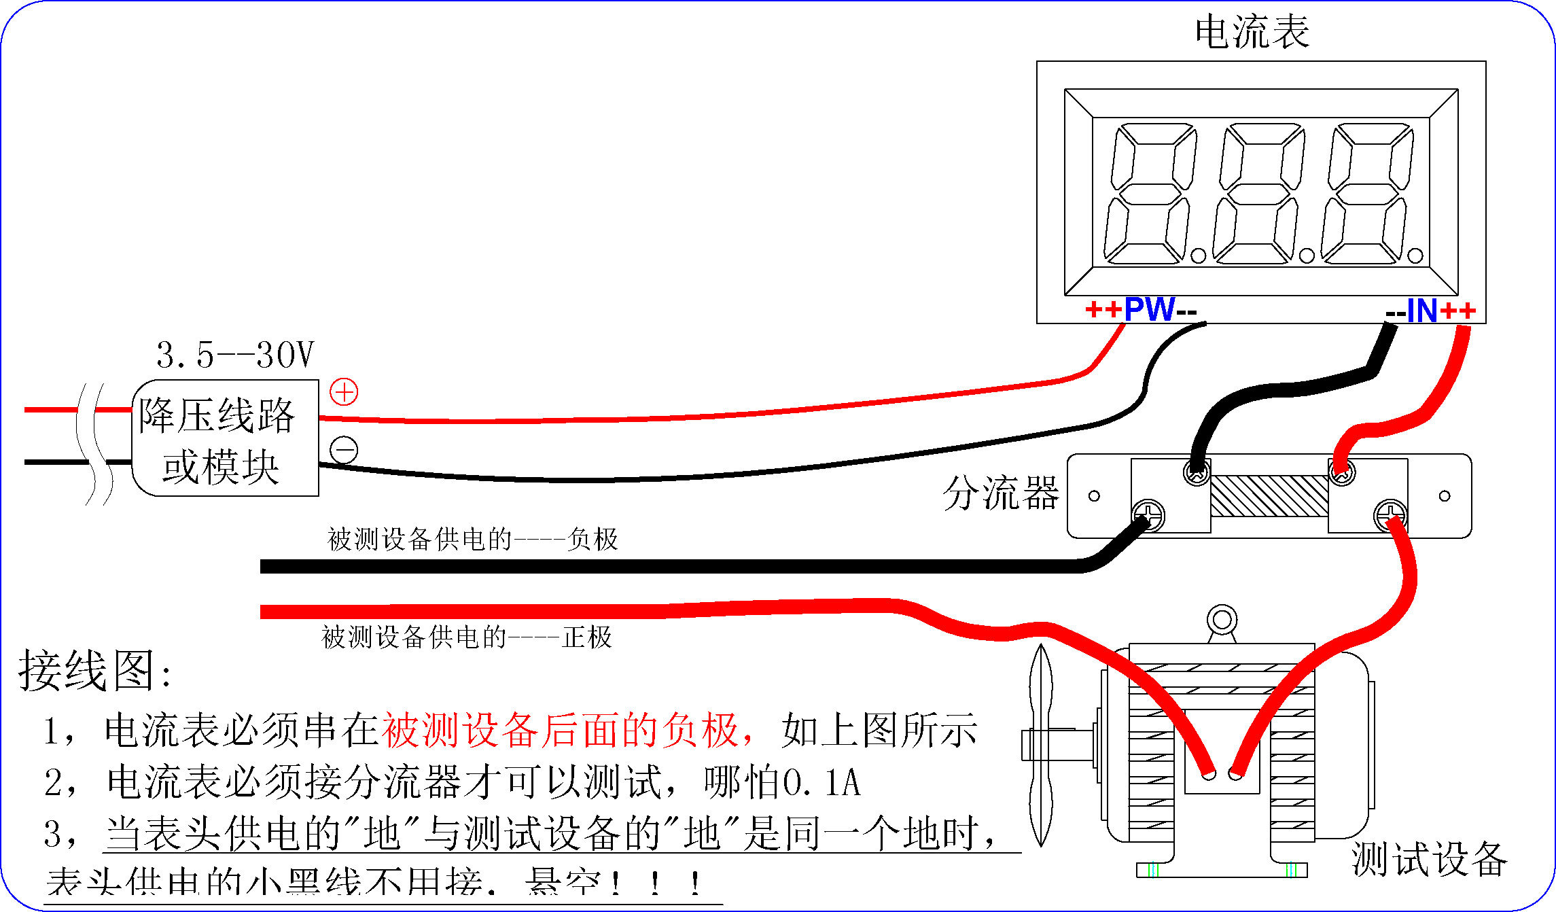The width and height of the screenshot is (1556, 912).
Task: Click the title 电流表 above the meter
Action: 1252,33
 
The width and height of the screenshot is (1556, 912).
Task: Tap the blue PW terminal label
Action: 1149,310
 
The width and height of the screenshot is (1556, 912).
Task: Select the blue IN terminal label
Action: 1421,311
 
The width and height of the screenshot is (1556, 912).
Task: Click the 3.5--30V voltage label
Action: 235,355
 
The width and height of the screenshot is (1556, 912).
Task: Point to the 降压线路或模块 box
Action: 224,438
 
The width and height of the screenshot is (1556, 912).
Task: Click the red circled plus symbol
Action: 344,392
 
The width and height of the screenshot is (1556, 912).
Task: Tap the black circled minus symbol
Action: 344,450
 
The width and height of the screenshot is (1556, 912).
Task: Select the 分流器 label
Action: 1000,493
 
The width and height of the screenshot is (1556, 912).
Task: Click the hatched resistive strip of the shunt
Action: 1269,496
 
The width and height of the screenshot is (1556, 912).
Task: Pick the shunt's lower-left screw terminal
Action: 1148,515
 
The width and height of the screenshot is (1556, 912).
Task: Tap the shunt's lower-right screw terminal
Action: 1390,515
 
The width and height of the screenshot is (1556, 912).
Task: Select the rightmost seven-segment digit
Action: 1367,194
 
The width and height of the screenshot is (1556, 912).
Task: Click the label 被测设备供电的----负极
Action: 473,540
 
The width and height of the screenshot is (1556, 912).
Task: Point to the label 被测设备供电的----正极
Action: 467,637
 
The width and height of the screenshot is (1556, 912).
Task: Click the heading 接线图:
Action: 95,671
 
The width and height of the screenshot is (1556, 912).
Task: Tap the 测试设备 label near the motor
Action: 1428,860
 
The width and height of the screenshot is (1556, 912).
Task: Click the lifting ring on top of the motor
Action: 1222,620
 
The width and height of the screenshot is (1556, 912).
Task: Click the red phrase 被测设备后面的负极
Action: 561,731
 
